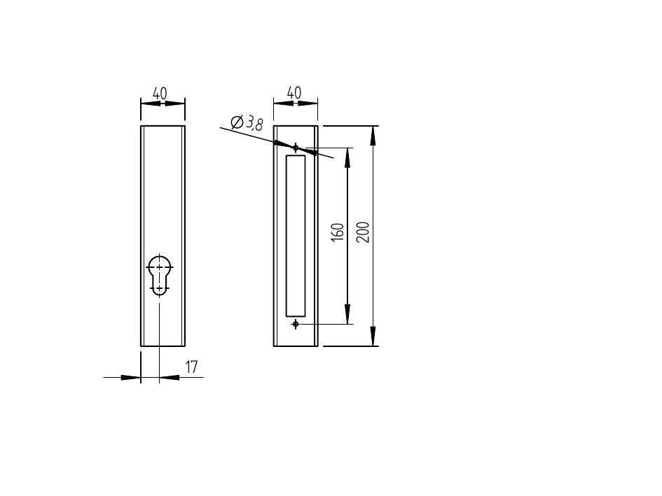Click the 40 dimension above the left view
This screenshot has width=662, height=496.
point(160,93)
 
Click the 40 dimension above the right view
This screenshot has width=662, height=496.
point(294,92)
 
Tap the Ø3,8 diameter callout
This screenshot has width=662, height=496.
point(247,122)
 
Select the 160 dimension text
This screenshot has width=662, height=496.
point(338,232)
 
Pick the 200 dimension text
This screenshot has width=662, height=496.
point(363,232)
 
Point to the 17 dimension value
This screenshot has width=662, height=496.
point(191,367)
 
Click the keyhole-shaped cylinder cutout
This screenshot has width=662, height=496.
point(159,275)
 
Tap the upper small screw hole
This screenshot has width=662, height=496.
point(296,148)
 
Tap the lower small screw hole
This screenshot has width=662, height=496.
point(296,324)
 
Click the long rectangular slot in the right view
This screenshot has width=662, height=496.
point(296,236)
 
